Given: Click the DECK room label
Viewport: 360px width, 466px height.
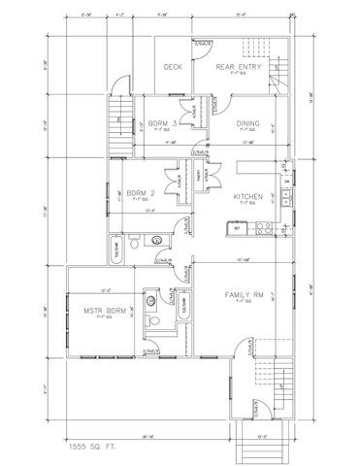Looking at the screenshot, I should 173,67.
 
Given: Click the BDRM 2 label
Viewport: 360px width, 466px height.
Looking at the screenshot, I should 142,192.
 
